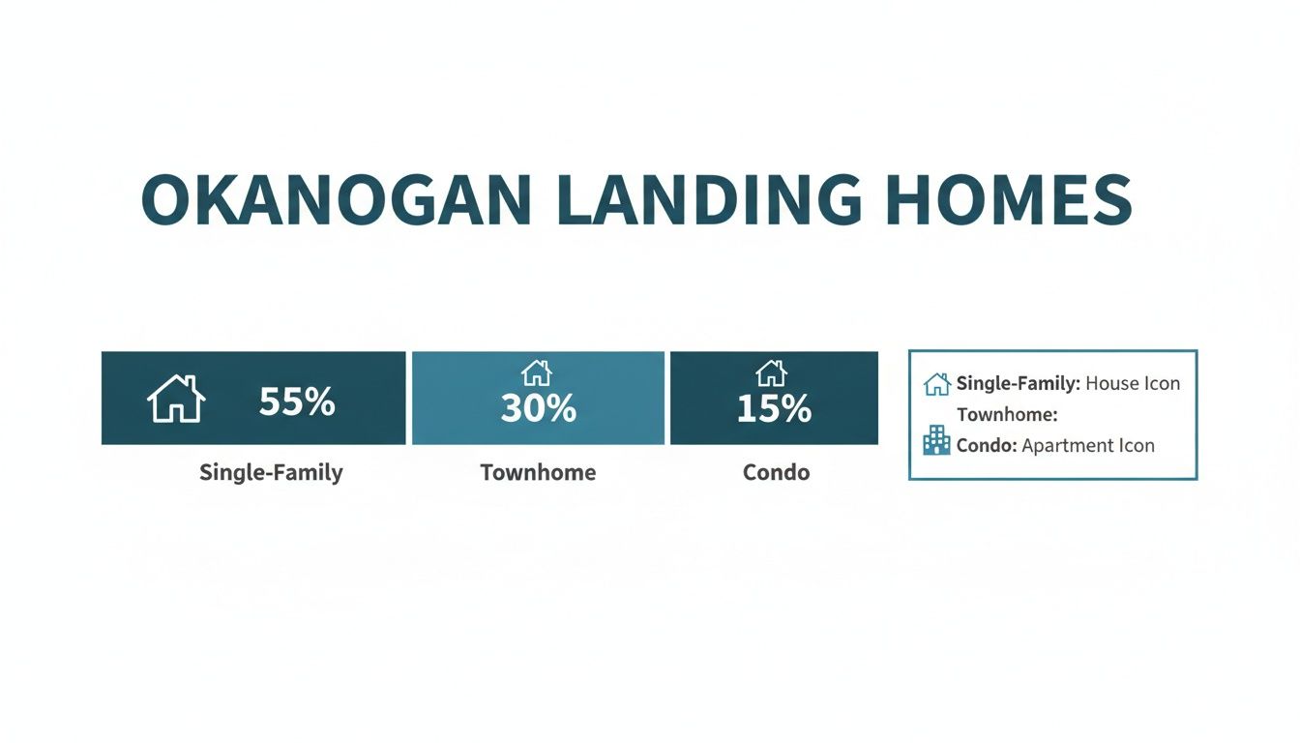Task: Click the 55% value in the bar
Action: (297, 401)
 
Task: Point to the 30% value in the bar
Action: (538, 409)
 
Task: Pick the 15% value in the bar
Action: (773, 409)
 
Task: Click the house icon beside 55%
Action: (176, 400)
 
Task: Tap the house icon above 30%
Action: (536, 372)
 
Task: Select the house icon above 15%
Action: (771, 372)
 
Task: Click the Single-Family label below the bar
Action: (271, 472)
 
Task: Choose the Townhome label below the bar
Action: (538, 472)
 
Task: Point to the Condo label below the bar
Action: (776, 472)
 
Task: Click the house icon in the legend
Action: (936, 384)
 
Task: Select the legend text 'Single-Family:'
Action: (1018, 383)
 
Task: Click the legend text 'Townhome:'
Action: (1007, 415)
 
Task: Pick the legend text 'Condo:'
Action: (987, 445)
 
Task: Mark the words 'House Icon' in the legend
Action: (1133, 383)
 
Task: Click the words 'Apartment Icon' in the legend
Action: (1088, 445)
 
